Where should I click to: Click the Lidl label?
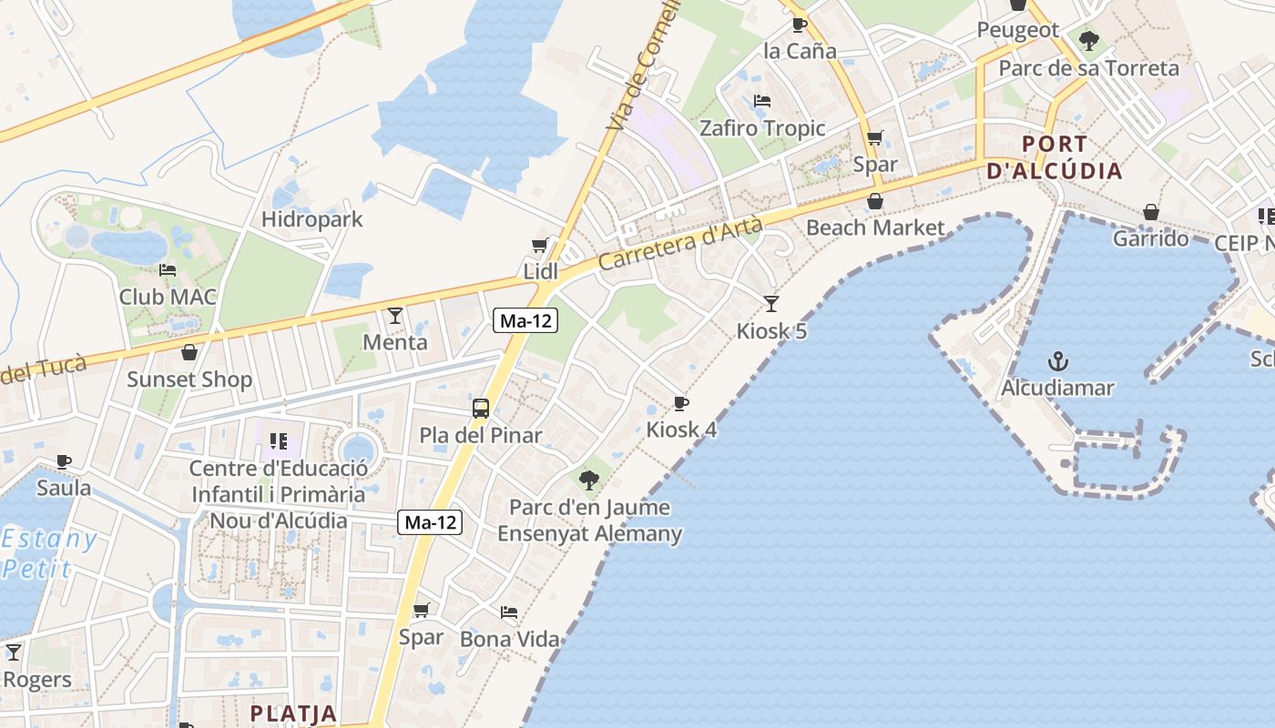540,271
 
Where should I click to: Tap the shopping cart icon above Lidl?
539,245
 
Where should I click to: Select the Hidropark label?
311,219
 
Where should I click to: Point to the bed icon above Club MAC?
168,270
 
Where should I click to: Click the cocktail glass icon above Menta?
394,316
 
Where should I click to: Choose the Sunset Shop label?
189,379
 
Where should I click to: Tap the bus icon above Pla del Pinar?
481,409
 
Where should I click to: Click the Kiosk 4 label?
681,430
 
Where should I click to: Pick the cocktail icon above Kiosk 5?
771,303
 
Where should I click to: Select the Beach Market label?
876,227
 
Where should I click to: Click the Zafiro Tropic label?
762,128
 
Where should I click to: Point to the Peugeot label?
1018,30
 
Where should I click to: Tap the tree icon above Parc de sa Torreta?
1088,41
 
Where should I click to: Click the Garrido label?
1151,238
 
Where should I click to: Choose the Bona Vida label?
509,639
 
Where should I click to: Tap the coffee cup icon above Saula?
64,461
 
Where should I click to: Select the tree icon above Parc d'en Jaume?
589,479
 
